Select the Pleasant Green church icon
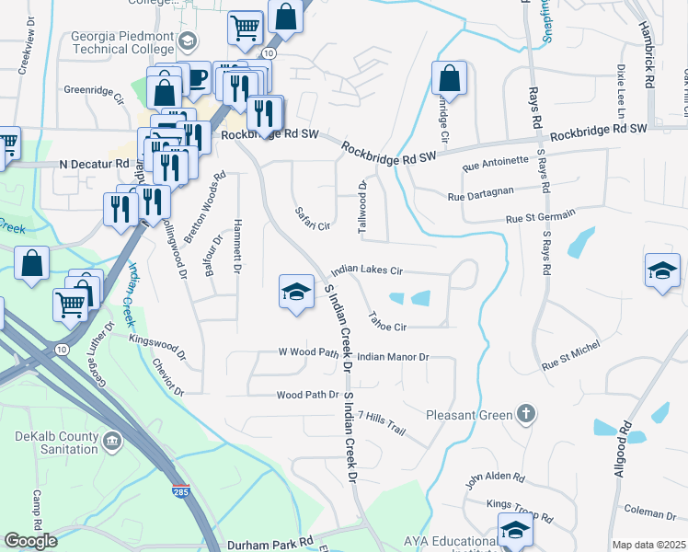coord(525,414)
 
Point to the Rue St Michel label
coord(570,359)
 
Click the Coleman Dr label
coord(649,513)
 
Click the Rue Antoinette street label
coord(496,164)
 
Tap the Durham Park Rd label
coord(270,544)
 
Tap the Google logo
coord(29,541)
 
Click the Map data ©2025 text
coord(648,545)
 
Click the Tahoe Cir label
coord(387,326)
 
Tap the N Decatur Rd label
coord(96,164)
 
